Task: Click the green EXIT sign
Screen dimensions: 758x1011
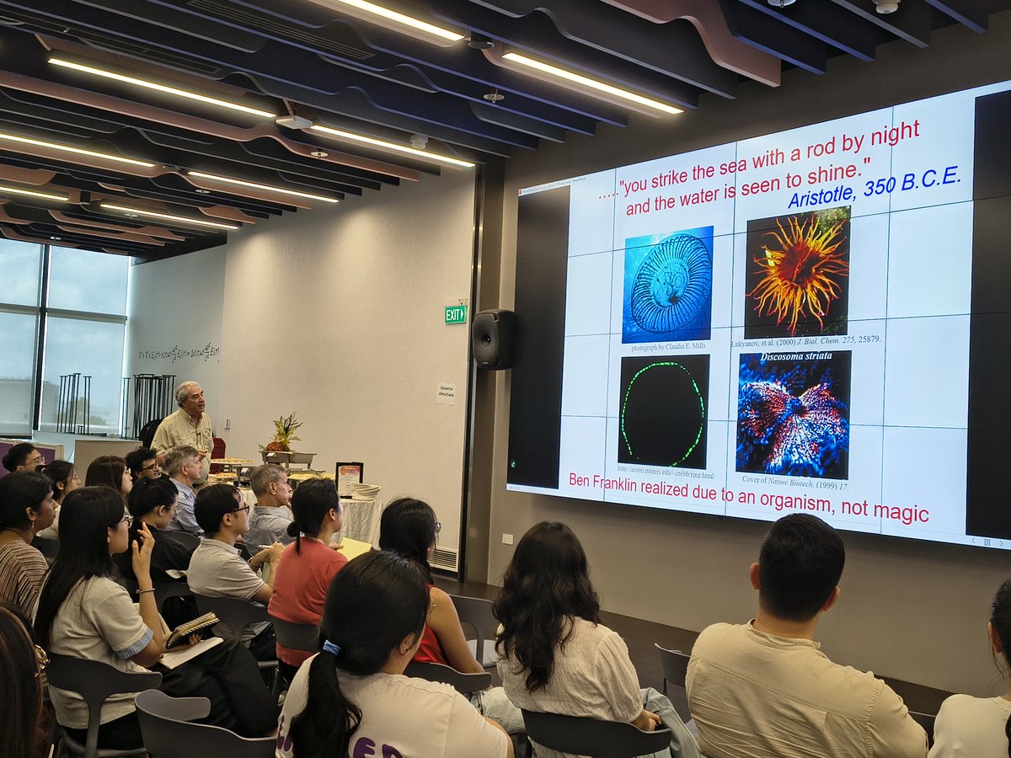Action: click(455, 314)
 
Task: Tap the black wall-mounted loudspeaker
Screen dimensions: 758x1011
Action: click(494, 339)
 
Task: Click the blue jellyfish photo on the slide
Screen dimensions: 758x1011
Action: click(667, 285)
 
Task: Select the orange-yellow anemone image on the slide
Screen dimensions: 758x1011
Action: click(797, 272)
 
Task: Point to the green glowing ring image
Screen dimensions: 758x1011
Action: click(663, 410)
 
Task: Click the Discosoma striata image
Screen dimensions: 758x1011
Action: click(793, 415)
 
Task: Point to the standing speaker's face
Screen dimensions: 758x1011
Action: click(190, 400)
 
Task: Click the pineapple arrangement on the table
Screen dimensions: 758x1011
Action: click(283, 434)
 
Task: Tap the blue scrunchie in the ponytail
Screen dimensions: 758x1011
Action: click(330, 648)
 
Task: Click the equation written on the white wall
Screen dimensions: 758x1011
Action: click(179, 352)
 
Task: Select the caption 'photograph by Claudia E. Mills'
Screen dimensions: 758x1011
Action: click(668, 346)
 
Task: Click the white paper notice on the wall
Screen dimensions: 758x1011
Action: click(446, 393)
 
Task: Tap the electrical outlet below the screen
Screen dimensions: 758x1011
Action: click(507, 539)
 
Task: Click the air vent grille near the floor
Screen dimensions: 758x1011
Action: click(444, 558)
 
